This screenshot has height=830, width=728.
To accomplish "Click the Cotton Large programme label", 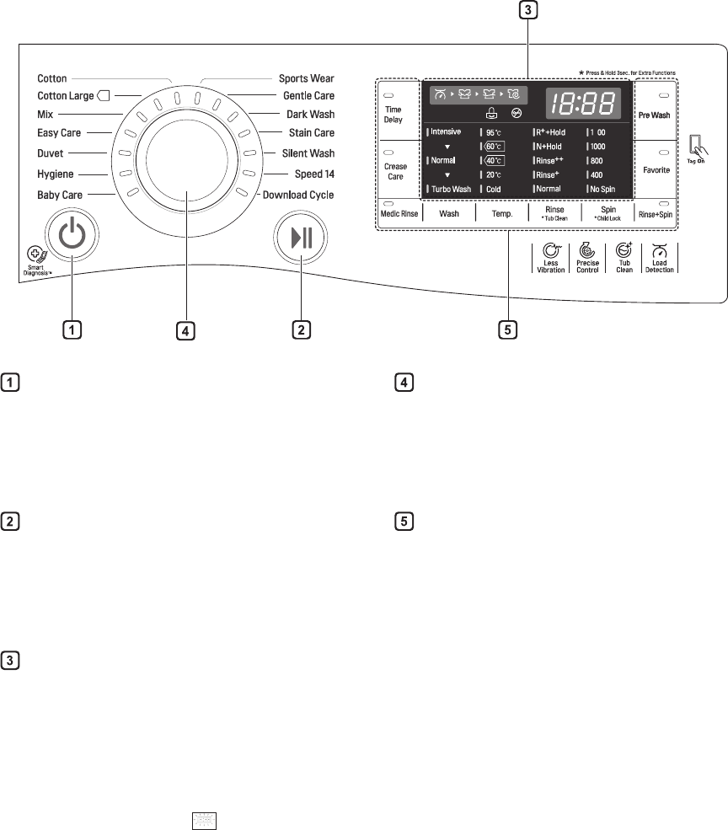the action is coord(67,96).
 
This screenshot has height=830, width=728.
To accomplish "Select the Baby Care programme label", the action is coord(60,194).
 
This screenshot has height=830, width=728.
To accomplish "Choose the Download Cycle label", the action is coord(298,194).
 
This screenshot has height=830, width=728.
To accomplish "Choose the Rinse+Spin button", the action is coord(655,212).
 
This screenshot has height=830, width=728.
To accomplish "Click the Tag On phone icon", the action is coord(694,146).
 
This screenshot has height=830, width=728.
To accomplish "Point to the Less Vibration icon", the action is coord(551,258).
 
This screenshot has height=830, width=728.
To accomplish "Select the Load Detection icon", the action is coord(660,258).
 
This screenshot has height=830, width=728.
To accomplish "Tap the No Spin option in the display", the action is coord(605,189).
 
